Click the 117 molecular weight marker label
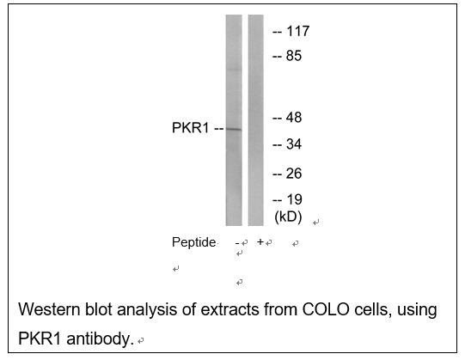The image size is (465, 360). (297, 31)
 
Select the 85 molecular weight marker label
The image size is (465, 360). (294, 56)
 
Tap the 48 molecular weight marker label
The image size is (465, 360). (294, 118)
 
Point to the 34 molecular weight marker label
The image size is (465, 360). (294, 144)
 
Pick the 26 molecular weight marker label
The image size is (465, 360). (294, 174)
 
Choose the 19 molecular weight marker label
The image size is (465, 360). (294, 199)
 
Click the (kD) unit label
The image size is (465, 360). (288, 217)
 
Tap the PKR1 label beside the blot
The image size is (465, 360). (191, 128)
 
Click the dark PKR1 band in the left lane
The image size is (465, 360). (234, 129)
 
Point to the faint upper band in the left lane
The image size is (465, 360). (234, 70)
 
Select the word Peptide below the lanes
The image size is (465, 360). (193, 242)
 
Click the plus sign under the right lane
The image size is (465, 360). (260, 242)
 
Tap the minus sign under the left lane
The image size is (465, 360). (237, 243)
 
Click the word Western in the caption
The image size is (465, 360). (49, 309)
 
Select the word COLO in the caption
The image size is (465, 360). (326, 309)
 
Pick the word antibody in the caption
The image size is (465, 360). (100, 339)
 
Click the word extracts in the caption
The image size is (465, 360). (229, 309)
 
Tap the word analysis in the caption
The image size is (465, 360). (147, 310)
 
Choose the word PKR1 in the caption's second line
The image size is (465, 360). (40, 339)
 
